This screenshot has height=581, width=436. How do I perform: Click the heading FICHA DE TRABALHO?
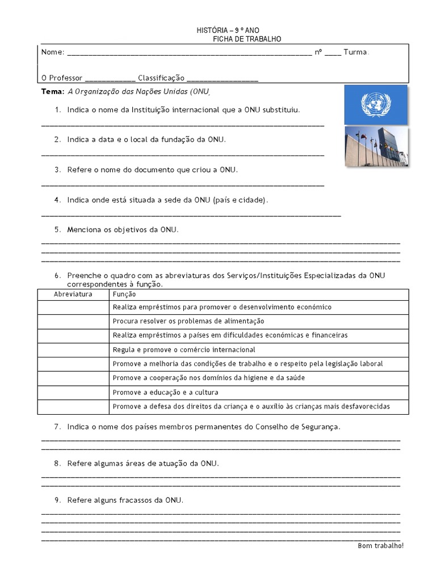click(246, 39)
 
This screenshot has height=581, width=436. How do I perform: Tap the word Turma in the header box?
click(355, 52)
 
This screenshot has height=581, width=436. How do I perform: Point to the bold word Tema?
click(53, 91)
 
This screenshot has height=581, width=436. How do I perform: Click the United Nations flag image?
click(375, 104)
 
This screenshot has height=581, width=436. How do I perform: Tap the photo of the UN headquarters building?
click(376, 146)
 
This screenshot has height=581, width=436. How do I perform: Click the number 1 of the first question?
click(57, 110)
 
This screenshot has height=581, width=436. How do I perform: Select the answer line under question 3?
click(183, 185)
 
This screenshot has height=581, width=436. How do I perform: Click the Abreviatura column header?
click(73, 294)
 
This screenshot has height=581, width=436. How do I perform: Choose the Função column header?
click(124, 294)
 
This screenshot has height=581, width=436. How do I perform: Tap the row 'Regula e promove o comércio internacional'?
click(184, 350)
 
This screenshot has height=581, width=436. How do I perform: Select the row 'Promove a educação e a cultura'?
click(165, 393)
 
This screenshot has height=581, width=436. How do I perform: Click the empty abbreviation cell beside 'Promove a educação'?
click(73, 393)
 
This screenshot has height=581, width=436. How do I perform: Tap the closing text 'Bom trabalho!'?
click(380, 546)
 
